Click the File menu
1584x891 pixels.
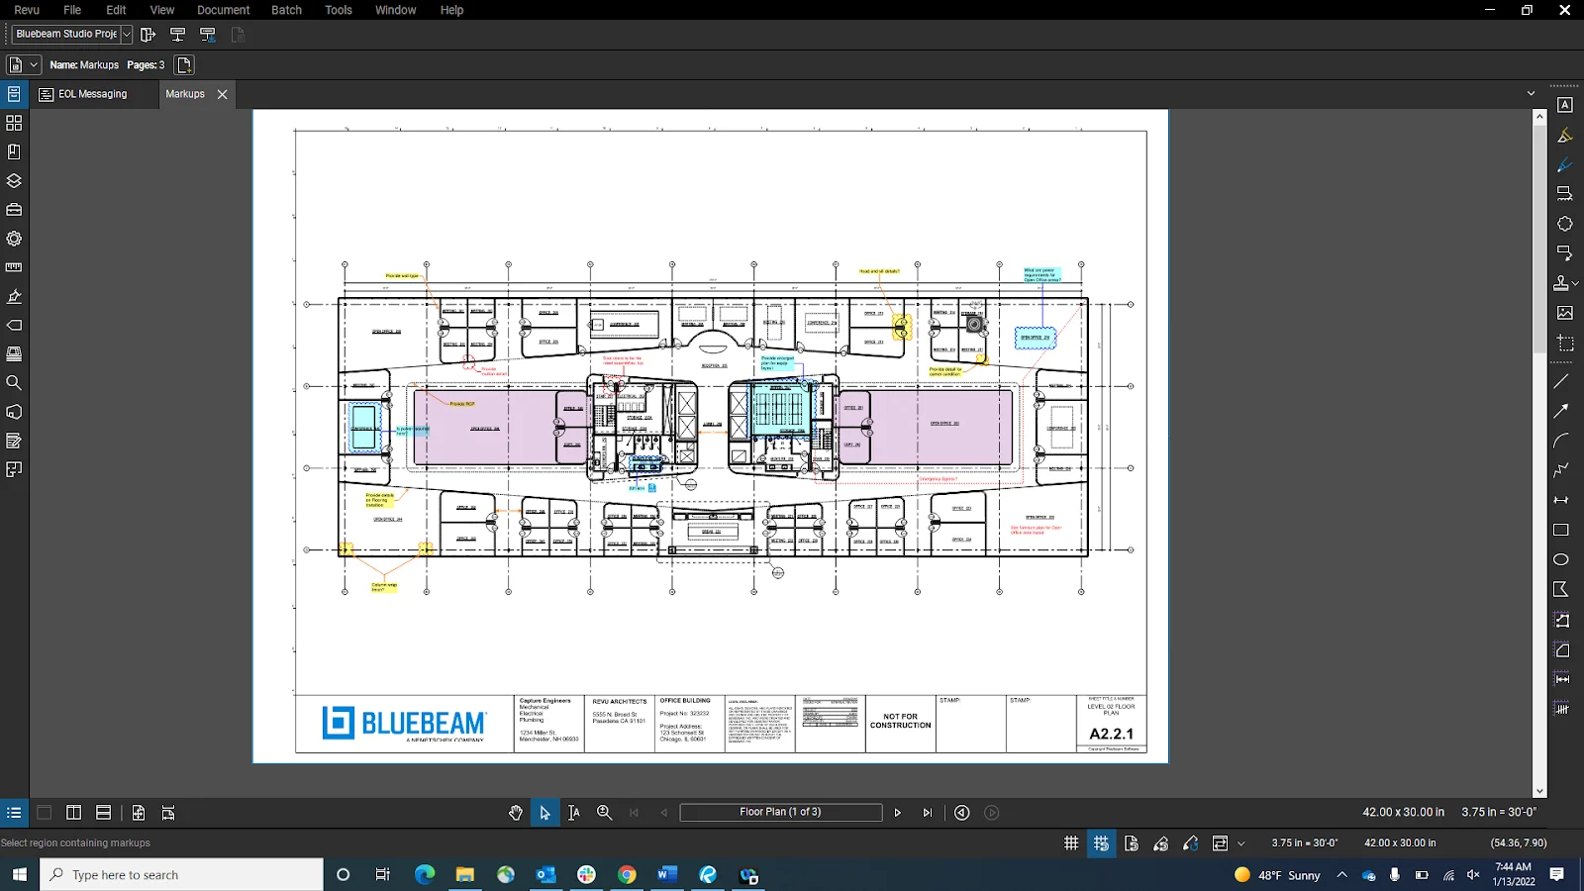click(72, 10)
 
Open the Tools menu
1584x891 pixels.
click(339, 10)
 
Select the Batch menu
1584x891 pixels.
click(286, 10)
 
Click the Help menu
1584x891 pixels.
click(451, 10)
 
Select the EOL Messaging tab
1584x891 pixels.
click(92, 94)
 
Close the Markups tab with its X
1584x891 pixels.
click(223, 94)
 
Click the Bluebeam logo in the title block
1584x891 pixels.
click(404, 724)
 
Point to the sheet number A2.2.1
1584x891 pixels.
click(1111, 734)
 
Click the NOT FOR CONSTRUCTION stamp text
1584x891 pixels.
click(900, 721)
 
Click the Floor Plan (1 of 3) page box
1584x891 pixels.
click(780, 812)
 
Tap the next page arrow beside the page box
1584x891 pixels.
click(898, 813)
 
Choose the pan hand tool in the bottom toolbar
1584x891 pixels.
click(516, 813)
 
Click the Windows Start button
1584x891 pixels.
click(19, 874)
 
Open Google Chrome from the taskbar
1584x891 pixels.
click(627, 874)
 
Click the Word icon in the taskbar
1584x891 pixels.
click(667, 874)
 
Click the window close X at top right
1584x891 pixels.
click(1564, 10)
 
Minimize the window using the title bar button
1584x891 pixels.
click(1490, 10)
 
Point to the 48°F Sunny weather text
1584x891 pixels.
click(1289, 875)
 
